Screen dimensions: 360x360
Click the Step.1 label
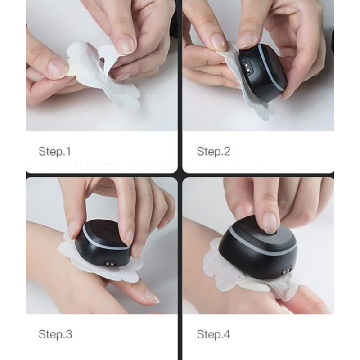point(55,152)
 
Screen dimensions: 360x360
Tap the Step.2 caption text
point(213,152)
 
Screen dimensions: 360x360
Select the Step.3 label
point(55,334)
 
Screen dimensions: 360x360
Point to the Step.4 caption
point(213,334)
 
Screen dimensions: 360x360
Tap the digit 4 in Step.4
point(226,334)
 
